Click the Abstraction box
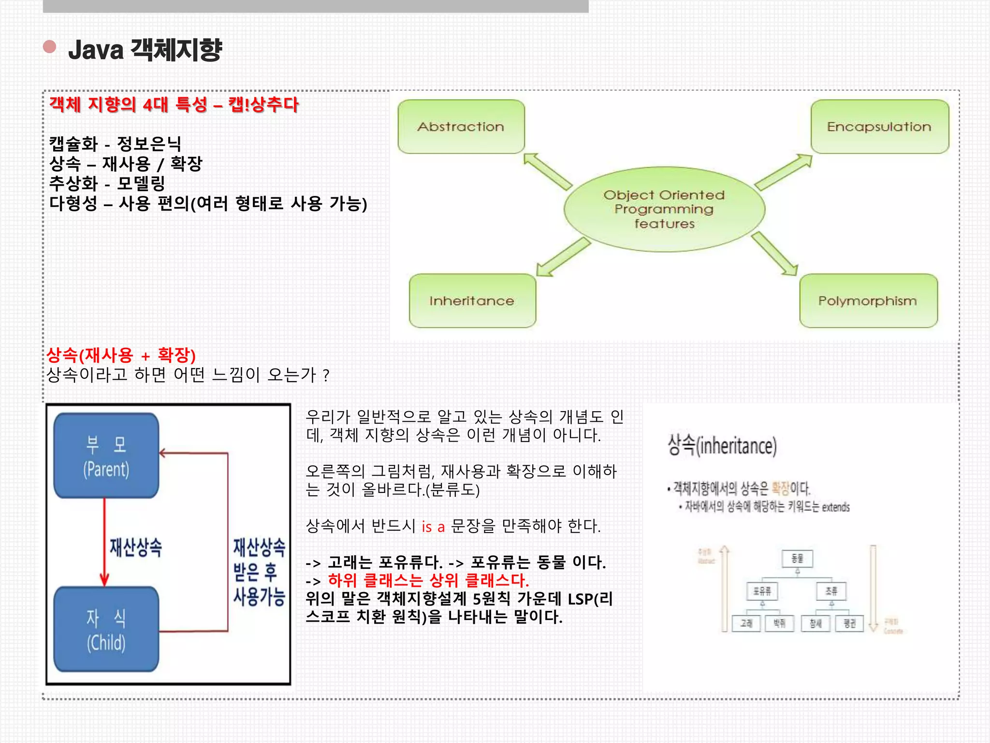(x=461, y=127)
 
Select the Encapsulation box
(x=879, y=127)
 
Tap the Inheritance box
(x=472, y=301)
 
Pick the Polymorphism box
(x=868, y=301)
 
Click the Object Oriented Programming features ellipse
(x=664, y=209)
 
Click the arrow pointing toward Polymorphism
(x=774, y=254)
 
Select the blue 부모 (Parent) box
(x=106, y=456)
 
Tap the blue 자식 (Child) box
(x=106, y=629)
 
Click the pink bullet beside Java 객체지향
(x=50, y=46)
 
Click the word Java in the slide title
(x=96, y=50)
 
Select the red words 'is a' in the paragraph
(x=433, y=526)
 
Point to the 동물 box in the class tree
(x=798, y=559)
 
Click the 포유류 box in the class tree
(x=762, y=591)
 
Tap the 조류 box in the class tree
(x=831, y=591)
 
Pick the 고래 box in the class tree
(x=746, y=623)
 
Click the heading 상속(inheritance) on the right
(x=722, y=446)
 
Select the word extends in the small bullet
(x=835, y=507)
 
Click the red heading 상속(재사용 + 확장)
(x=121, y=356)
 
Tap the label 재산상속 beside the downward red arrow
(x=136, y=547)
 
